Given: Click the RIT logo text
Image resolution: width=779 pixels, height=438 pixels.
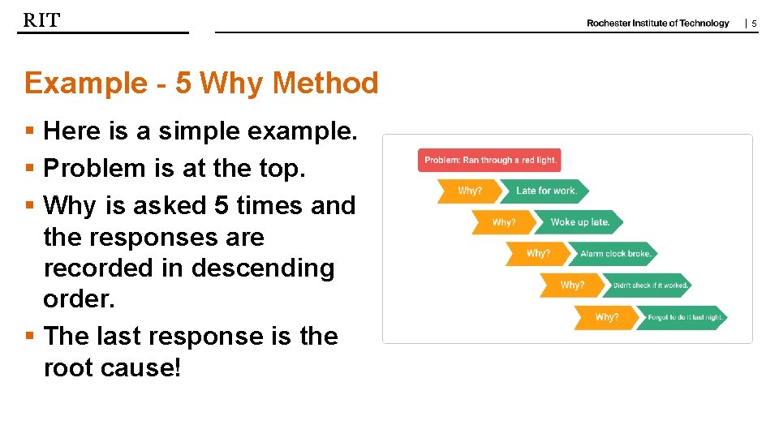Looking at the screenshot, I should pos(41,20).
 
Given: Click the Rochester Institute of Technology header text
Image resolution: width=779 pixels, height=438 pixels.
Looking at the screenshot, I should pos(657,24).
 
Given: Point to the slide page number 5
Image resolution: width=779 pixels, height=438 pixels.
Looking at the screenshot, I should pos(754,24).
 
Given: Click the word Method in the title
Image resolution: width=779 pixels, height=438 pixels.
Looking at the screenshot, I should pos(325,83).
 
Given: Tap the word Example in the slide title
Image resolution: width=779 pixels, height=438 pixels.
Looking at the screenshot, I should pos(84,83).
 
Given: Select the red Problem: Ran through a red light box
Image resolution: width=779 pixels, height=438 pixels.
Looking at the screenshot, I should pos(489,160).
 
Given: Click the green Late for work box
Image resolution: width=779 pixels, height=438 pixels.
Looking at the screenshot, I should pos(547,191).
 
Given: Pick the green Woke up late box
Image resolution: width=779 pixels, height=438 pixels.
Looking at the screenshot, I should pos(581,222).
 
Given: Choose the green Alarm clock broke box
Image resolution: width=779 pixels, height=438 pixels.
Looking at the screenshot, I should pos(615,254).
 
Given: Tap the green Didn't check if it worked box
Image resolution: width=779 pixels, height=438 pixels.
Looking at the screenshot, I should pos(650,286).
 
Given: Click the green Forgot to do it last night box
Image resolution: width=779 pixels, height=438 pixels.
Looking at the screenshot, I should pos(685,317).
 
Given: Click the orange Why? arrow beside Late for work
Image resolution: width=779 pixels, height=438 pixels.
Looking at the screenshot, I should pos(469,191).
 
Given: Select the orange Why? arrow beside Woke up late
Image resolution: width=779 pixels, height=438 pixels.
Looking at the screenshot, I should pos(503,222).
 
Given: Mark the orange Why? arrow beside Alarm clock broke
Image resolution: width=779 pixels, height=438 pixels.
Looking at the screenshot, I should pos(537,254).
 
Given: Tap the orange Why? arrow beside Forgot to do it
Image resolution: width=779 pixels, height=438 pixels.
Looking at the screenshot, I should pos(606,317).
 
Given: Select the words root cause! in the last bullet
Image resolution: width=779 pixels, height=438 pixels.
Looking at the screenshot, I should pos(113,367).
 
